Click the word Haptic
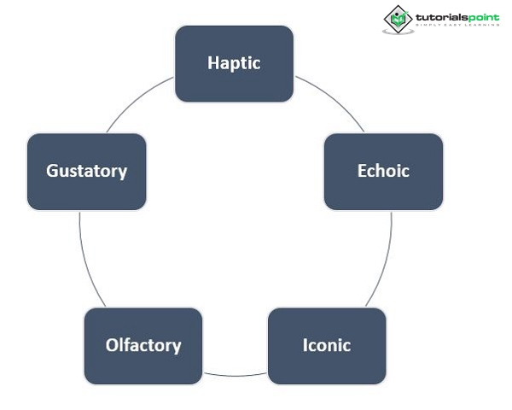234,63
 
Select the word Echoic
383,171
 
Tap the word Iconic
327,345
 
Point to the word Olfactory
143,345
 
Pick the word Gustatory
86,171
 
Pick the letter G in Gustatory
52,171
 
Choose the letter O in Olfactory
112,345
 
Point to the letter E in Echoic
362,171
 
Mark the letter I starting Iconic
305,345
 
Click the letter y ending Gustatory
123,173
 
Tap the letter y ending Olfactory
177,348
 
